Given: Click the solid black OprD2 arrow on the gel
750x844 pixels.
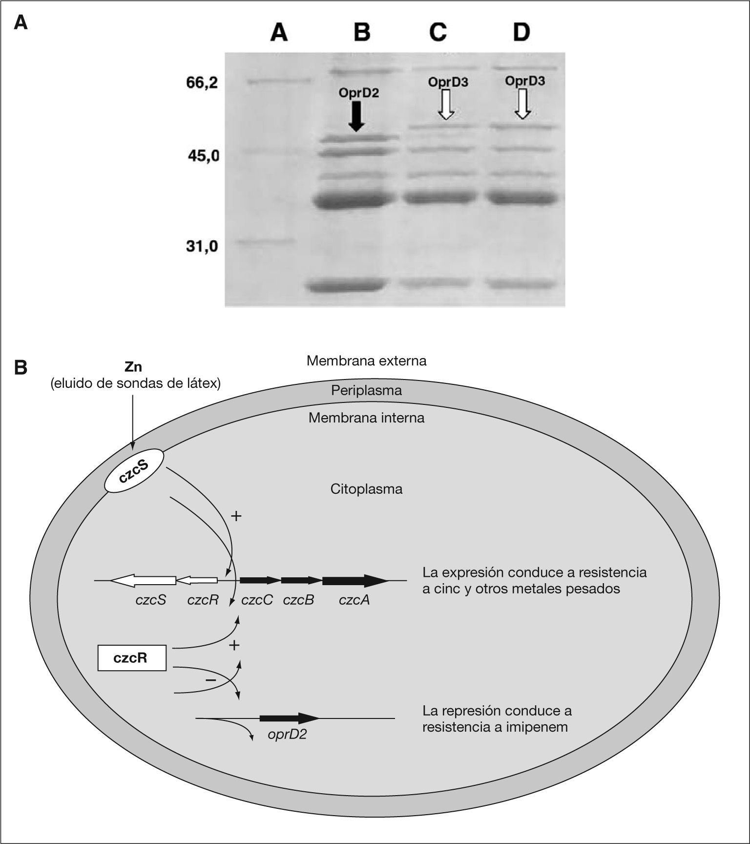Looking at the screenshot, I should pyautogui.click(x=357, y=116).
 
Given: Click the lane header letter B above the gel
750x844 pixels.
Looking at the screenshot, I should pyautogui.click(x=362, y=33).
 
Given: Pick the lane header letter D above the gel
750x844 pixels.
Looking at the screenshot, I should pyautogui.click(x=521, y=33).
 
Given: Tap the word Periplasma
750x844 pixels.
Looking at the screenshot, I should pyautogui.click(x=366, y=391).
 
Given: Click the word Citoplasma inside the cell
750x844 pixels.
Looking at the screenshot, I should pyautogui.click(x=366, y=489).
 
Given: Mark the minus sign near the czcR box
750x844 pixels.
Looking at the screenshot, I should pyautogui.click(x=210, y=680).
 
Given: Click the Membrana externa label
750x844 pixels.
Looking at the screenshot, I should pyautogui.click(x=366, y=361).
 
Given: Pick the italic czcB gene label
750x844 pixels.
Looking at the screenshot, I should pyautogui.click(x=298, y=600).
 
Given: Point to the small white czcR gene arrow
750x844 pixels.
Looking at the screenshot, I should pyautogui.click(x=197, y=580).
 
